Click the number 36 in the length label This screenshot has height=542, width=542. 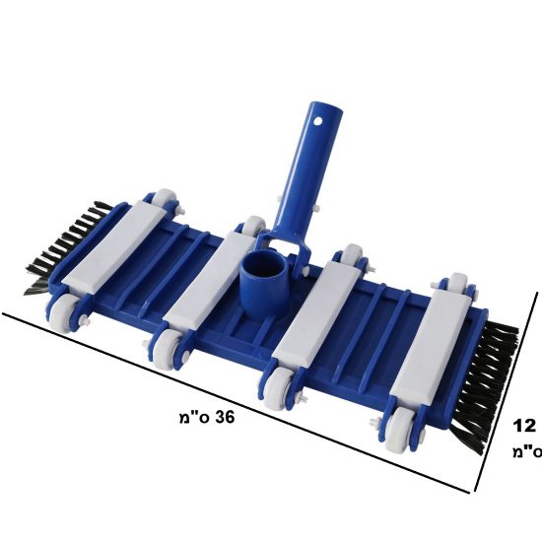click(x=225, y=417)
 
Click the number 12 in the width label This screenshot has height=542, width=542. click(x=524, y=426)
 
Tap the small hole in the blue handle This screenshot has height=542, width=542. click(x=318, y=121)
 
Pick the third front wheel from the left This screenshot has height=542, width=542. click(x=277, y=386)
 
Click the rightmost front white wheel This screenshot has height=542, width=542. click(x=397, y=430)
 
